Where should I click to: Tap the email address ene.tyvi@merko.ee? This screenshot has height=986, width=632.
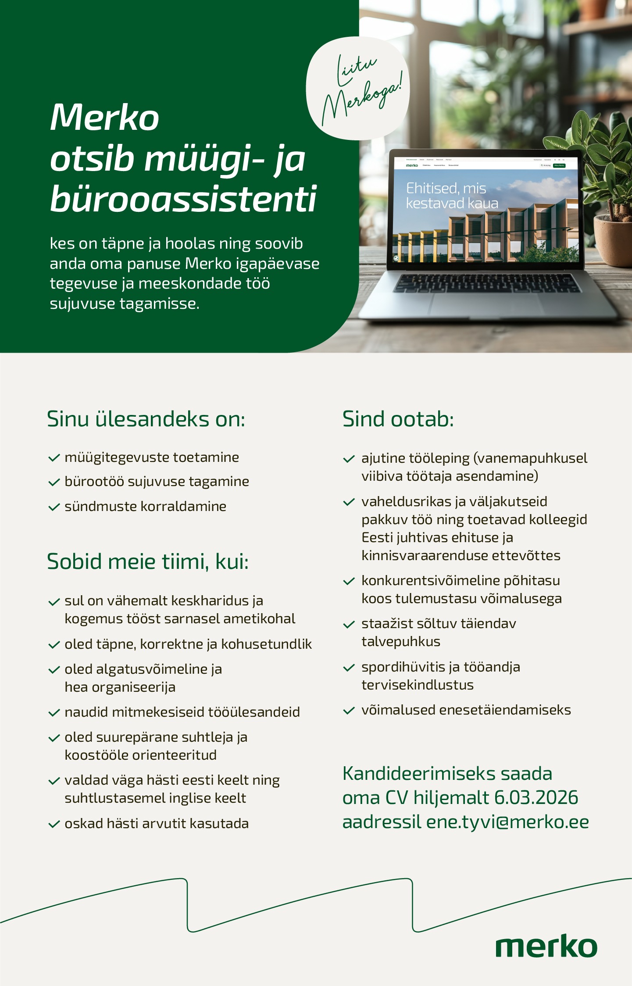[507, 822]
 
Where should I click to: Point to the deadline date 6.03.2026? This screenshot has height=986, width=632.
[536, 798]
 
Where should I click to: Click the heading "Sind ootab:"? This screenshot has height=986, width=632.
[398, 419]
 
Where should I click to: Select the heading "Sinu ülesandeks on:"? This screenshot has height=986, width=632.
[146, 419]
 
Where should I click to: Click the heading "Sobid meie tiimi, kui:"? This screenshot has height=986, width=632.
[147, 561]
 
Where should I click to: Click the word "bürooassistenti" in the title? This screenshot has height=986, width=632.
[183, 199]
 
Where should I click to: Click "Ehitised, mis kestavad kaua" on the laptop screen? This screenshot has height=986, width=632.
[452, 196]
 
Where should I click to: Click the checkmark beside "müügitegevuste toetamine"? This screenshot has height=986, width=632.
[54, 458]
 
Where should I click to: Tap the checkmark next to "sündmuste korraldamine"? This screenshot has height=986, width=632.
[54, 507]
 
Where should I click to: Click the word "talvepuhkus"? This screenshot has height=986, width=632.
[400, 642]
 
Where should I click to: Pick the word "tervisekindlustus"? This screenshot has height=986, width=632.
[417, 685]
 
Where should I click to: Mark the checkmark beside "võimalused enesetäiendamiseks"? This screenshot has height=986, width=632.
[349, 711]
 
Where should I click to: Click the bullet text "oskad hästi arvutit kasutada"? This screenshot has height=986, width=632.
[156, 823]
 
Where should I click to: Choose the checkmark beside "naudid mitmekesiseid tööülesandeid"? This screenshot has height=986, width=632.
[54, 713]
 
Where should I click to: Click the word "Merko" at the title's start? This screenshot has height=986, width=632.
[104, 118]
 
